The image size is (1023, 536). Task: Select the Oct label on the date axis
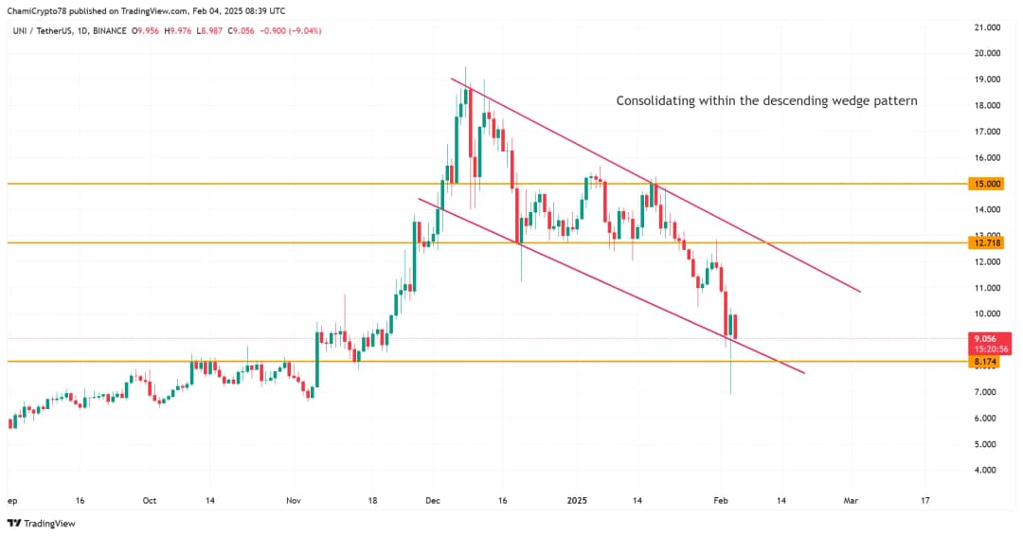pos(149,500)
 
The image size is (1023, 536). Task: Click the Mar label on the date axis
pos(851,500)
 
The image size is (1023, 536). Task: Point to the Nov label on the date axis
pos(293,500)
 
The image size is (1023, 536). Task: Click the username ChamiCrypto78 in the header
pos(37,10)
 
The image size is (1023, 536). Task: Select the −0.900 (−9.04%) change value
pos(293,30)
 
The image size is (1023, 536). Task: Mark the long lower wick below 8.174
pos(730,379)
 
